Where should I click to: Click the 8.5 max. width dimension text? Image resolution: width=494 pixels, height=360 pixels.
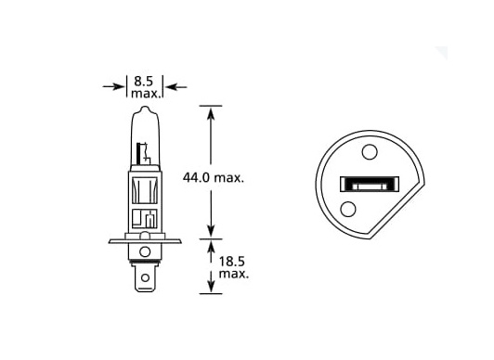145,87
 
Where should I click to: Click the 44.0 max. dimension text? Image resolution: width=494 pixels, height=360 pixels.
214,178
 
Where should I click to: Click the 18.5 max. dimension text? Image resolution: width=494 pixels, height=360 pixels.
234,267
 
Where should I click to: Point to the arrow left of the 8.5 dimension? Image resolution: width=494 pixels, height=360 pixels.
113,86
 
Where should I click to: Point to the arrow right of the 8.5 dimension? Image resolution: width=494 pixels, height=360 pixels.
175,86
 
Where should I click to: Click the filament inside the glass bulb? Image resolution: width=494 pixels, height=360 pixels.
143,154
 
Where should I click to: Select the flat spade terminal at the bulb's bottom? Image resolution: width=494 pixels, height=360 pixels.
145,277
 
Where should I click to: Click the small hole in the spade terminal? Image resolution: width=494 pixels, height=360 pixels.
145,277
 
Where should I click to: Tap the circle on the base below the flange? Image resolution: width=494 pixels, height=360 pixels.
145,251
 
